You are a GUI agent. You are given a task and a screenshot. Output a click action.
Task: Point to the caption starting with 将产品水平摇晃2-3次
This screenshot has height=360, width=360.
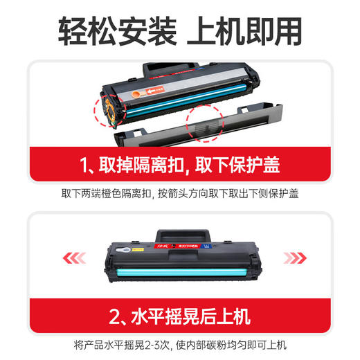pyautogui.click(x=180, y=345)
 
